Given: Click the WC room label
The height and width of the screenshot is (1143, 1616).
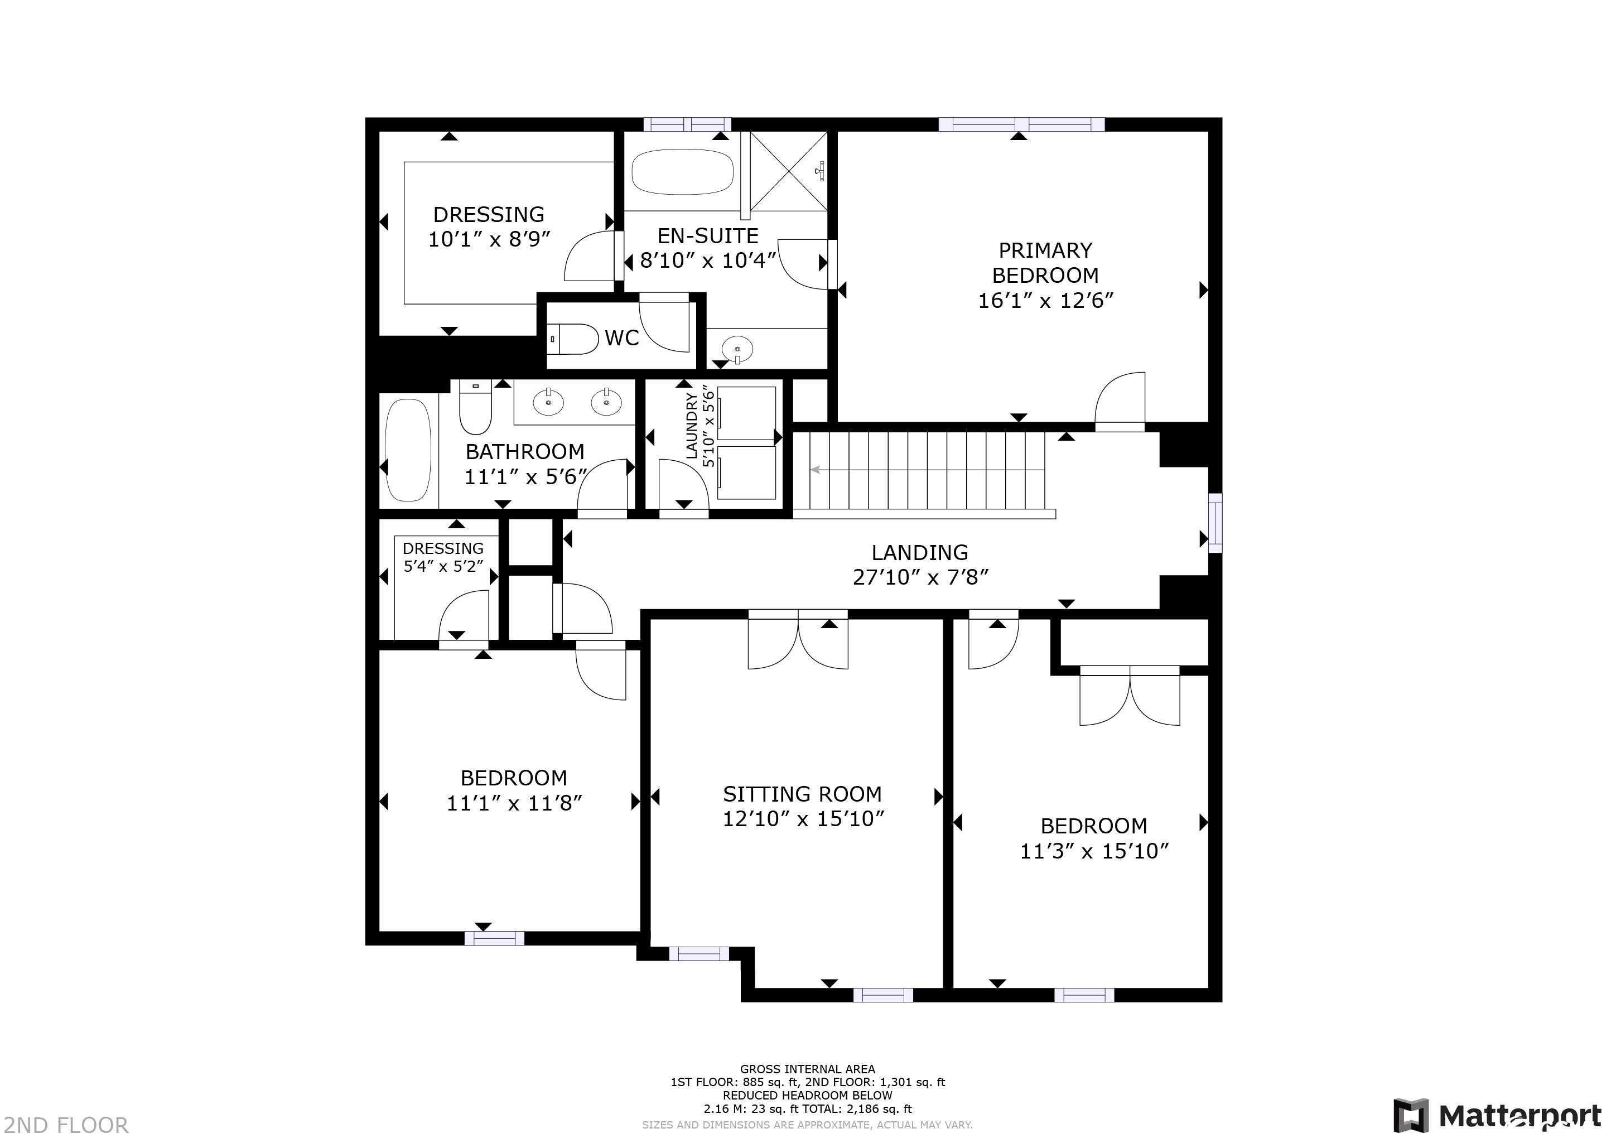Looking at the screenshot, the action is (x=621, y=339).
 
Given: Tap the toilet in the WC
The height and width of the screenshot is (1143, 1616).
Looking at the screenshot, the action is (x=573, y=339).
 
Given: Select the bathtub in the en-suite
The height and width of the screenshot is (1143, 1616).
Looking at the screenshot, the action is (x=682, y=172).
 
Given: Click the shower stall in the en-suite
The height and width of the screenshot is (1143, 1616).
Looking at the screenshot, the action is (x=788, y=171).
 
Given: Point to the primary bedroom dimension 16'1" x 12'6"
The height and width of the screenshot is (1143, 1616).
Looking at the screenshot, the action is (x=1045, y=301).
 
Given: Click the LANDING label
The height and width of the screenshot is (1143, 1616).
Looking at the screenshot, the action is (x=920, y=552).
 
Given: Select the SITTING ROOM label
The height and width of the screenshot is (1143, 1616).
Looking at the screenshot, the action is (x=802, y=794).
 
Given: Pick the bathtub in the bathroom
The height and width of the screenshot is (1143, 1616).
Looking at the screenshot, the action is (x=408, y=450).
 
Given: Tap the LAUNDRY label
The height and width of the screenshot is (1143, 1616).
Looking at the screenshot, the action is (x=692, y=426).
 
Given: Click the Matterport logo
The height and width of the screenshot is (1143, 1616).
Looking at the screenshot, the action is (x=1498, y=1116).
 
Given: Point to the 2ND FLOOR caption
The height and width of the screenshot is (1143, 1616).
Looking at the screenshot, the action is (x=65, y=1125).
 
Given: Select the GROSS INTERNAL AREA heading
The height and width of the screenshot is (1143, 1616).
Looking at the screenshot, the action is (x=807, y=1068).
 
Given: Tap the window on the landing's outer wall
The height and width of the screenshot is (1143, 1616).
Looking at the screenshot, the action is (x=1215, y=522).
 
